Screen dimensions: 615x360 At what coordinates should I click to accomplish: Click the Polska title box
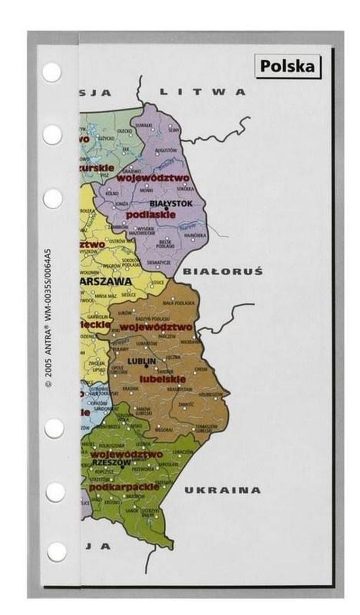pos(287,66)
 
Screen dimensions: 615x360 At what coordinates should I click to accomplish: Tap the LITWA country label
pos(203,92)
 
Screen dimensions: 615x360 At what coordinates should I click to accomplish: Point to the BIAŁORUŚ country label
pos(222,272)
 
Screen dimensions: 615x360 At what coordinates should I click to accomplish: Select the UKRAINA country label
pos(222,490)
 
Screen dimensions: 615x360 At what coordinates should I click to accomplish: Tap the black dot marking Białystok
pos(166,209)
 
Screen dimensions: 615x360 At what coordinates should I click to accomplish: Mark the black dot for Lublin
pos(146,366)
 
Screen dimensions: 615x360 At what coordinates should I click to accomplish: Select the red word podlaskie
pos(151,215)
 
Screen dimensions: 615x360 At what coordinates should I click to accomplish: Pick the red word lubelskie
pos(162,380)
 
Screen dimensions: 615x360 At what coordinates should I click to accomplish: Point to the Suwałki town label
pos(143,124)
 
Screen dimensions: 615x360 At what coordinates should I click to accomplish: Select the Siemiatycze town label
pos(159,262)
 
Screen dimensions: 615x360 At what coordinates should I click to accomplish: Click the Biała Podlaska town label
pos(179,303)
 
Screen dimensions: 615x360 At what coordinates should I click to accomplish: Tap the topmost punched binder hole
pos(52,72)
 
